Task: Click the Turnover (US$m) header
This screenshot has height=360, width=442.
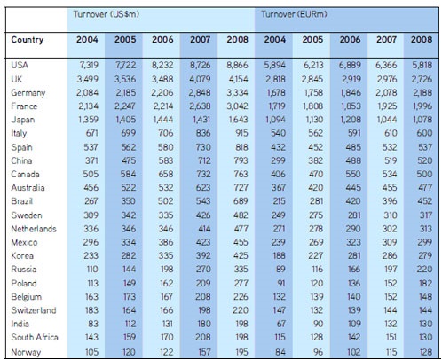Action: (x=107, y=14)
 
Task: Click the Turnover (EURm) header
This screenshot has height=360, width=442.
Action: (x=294, y=14)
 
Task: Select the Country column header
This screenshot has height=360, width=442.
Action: (x=28, y=40)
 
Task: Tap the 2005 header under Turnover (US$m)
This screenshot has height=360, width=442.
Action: (x=125, y=39)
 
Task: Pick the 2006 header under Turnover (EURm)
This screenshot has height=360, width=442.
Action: (x=350, y=39)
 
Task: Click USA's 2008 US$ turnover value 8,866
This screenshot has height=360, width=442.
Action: (x=237, y=65)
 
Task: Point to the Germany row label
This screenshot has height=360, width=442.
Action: (x=28, y=93)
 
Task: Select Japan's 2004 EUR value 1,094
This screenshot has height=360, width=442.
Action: (x=275, y=120)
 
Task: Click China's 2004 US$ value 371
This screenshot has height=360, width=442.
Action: (x=91, y=160)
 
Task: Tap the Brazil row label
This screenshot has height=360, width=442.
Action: (x=22, y=201)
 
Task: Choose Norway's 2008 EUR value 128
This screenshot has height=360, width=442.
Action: (x=426, y=352)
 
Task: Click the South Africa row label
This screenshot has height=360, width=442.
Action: (x=35, y=337)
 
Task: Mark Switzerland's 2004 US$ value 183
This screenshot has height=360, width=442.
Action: (x=91, y=310)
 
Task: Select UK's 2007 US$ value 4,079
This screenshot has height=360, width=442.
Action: (x=201, y=79)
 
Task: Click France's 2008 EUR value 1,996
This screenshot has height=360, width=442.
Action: (x=422, y=106)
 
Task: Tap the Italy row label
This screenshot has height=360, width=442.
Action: (x=19, y=134)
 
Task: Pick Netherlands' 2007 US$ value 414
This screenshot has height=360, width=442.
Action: (x=204, y=229)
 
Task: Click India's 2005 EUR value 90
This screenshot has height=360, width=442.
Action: (x=318, y=324)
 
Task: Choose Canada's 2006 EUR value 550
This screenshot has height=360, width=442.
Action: (x=353, y=174)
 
